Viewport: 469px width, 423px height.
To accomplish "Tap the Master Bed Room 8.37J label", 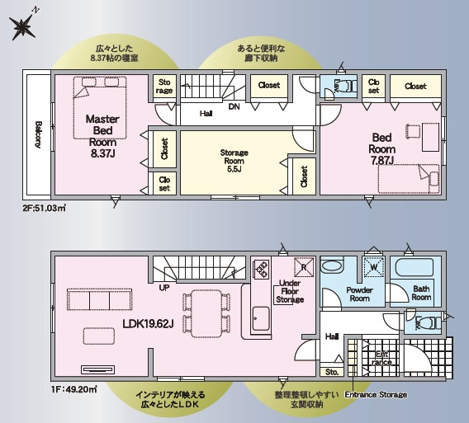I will point(103,135).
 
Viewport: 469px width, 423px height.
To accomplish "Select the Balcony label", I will point(38,135).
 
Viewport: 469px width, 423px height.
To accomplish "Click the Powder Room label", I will point(359,294).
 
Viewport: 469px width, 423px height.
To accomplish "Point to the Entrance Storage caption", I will point(376,395).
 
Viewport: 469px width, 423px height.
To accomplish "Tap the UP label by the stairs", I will point(164,288).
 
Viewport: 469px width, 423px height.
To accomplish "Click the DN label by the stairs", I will point(234,106).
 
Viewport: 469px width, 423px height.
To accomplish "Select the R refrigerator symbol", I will point(302,267).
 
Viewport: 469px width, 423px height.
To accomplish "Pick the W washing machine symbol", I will point(374,267).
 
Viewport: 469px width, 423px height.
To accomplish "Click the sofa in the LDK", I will point(97,298).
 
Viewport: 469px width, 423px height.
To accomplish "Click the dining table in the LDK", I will point(204,312).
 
